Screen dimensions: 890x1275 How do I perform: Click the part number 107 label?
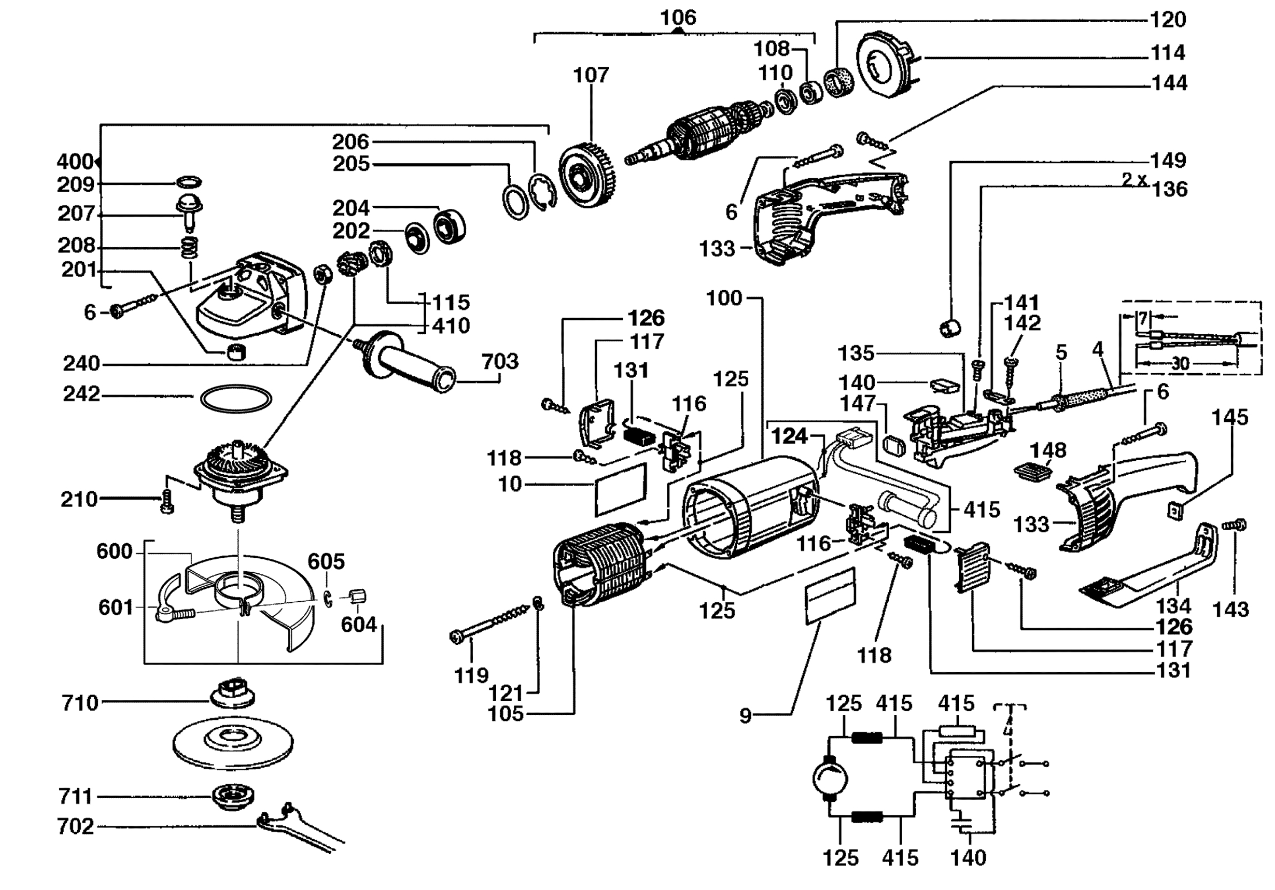coord(591,75)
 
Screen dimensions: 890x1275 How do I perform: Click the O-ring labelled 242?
coord(236,399)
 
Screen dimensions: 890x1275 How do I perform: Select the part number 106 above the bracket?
coord(677,18)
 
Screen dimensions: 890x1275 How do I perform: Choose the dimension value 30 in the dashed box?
coord(1180,364)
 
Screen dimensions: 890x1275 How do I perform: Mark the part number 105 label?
coord(505,713)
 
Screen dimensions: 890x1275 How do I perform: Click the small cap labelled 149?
coord(951,328)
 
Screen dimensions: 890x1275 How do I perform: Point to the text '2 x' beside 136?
coord(1135,179)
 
